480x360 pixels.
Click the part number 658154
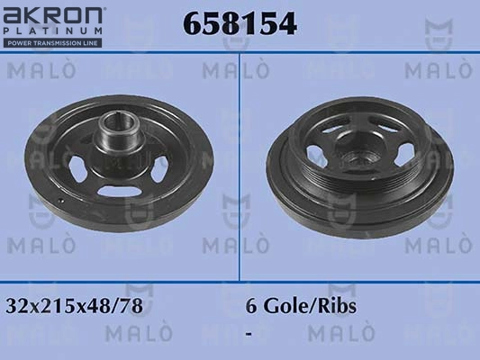240,23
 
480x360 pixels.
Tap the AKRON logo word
52,15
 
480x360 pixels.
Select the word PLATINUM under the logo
52,31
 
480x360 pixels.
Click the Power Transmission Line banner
52,43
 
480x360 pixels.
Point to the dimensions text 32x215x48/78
74,306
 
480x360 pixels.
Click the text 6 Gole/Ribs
301,306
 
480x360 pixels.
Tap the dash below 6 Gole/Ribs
249,334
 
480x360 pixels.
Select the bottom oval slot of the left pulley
120,191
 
